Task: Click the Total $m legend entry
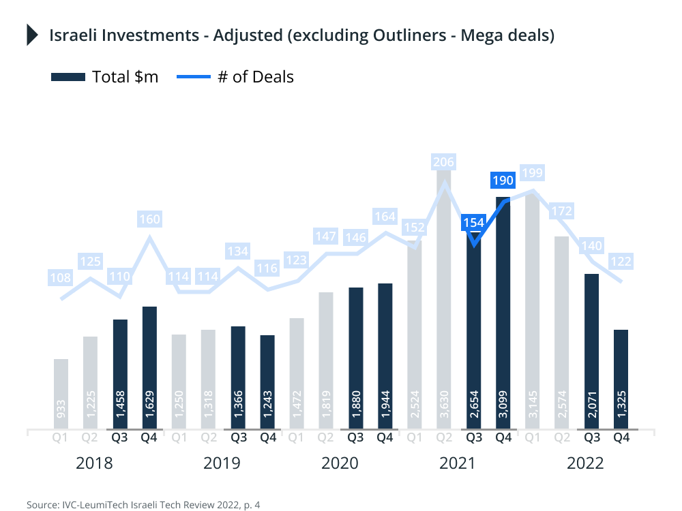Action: (x=105, y=76)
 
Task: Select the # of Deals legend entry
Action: (x=235, y=76)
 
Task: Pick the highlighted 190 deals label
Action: (x=503, y=181)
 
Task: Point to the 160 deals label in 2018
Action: (x=149, y=219)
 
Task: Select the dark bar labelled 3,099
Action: (x=503, y=313)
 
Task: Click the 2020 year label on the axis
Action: (x=340, y=463)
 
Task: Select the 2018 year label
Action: (x=94, y=463)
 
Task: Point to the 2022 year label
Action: (x=585, y=463)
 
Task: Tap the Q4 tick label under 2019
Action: (x=267, y=439)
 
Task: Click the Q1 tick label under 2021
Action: (x=414, y=439)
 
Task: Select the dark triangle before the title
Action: (x=31, y=35)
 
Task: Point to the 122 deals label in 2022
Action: (x=621, y=261)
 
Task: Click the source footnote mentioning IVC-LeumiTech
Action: (x=144, y=505)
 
